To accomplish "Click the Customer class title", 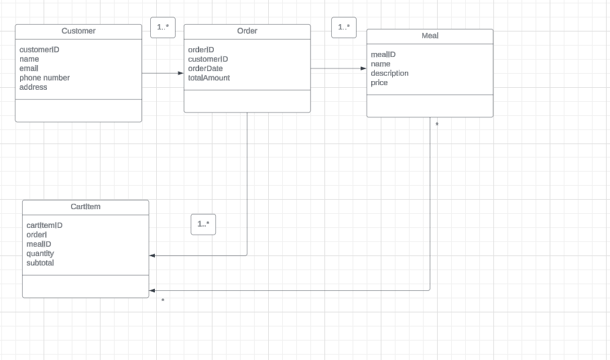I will [78, 31].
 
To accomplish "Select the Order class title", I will [247, 31].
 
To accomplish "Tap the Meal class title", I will [430, 36].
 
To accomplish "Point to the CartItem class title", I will [85, 206].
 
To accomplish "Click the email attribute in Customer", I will [29, 68].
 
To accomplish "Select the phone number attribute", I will [44, 78].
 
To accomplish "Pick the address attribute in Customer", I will [34, 87].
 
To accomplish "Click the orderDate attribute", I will [205, 68].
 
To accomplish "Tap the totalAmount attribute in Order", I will [208, 78].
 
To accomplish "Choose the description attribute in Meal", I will [389, 73].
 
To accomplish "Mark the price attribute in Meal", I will [379, 82].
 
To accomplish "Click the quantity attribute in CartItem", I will [40, 253].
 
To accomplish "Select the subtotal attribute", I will [40, 263].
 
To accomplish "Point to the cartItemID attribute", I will [44, 225].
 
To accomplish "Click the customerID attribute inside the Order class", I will [208, 59].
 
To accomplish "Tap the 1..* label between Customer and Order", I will [163, 27].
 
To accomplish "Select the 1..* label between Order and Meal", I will [344, 27].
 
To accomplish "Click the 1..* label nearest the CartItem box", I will [203, 224].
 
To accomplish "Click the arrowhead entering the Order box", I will [180, 73].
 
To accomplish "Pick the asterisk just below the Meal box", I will [437, 125].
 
